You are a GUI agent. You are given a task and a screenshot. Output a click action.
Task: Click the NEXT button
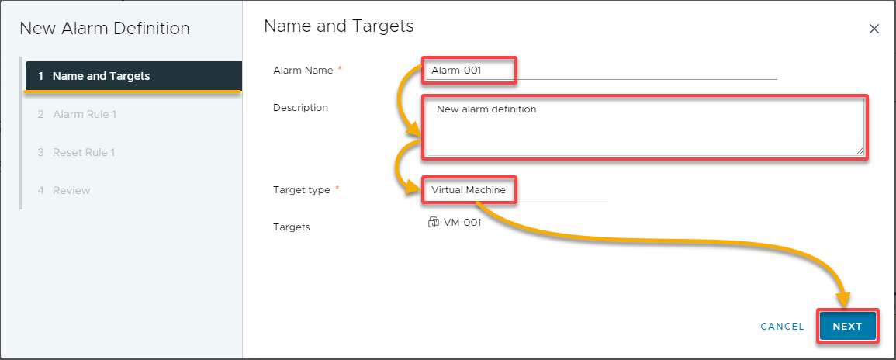(847, 327)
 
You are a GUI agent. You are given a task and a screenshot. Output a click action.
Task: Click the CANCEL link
(782, 327)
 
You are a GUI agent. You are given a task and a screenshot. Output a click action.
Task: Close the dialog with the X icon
(874, 29)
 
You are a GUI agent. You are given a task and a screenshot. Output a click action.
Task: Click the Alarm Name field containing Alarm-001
(601, 71)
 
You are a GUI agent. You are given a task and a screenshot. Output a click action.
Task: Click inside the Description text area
(645, 127)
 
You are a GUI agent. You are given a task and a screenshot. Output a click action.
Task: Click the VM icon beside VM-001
(433, 223)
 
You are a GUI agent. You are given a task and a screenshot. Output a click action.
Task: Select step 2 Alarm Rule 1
(77, 114)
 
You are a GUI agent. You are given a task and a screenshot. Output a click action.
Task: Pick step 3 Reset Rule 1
(77, 153)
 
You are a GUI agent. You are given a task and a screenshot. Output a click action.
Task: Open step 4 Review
(64, 190)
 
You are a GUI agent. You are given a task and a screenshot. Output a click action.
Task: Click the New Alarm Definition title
(105, 29)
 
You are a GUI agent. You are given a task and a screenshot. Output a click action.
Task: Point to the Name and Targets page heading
(339, 26)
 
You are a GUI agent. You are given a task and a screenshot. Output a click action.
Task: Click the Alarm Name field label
(303, 71)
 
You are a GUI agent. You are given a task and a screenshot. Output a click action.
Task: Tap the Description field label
(300, 107)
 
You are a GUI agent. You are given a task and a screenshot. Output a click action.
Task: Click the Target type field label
(302, 190)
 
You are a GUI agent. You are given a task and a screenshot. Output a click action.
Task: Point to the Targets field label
(292, 227)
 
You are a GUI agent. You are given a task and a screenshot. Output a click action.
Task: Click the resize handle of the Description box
(860, 151)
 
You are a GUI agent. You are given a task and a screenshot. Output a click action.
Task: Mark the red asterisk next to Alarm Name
(340, 69)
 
